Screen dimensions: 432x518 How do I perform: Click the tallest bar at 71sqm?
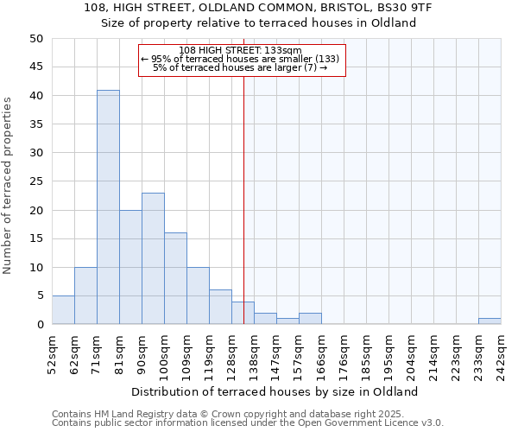[108, 207]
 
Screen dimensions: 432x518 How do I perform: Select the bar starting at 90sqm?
[153, 258]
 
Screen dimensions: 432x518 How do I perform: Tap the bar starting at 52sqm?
[63, 310]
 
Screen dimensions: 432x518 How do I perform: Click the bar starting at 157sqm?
[310, 319]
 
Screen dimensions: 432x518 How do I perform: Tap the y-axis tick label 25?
[36, 181]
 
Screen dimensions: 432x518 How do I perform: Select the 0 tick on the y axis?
[40, 325]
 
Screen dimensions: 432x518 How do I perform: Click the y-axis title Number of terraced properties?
[9, 186]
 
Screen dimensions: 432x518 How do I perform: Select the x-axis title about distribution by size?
[275, 391]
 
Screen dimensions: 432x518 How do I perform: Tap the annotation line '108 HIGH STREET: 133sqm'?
[241, 50]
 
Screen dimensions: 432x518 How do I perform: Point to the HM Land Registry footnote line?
[247, 414]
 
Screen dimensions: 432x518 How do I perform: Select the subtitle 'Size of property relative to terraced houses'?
[259, 23]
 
